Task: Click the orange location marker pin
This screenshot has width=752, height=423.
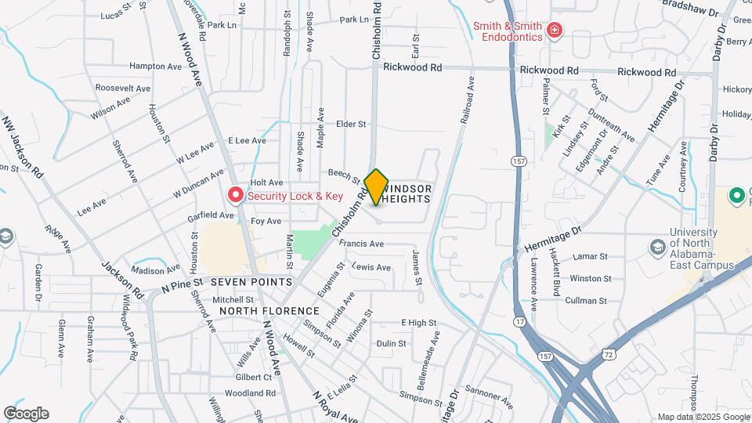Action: coord(377,187)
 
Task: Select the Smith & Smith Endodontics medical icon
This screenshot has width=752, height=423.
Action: coord(555,31)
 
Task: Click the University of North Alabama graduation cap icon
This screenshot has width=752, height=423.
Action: coord(657,248)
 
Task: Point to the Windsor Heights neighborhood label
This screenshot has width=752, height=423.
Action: coord(407,194)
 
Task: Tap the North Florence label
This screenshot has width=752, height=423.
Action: coord(260,311)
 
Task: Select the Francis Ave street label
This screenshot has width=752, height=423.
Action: coord(362,244)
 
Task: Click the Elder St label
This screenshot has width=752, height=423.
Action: coord(351,124)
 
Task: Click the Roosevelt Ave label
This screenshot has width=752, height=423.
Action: coord(123,89)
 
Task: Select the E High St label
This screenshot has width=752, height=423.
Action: coord(419,322)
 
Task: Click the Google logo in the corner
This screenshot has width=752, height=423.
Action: coord(26,413)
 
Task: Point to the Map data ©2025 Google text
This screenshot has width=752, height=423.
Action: coord(703,417)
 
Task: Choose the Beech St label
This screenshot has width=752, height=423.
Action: coord(344,175)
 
